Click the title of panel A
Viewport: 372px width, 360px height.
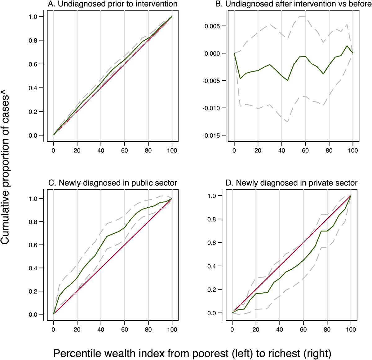point(113,4)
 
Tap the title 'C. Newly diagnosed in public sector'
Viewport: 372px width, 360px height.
point(113,183)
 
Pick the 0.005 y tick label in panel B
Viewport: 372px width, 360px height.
point(214,26)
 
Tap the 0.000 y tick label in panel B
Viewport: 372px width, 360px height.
point(214,53)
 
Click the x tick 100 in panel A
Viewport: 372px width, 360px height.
point(172,151)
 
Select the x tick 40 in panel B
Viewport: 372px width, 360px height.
point(281,151)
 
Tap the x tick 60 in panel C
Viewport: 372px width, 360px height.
point(124,329)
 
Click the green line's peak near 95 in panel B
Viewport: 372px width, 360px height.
point(347,46)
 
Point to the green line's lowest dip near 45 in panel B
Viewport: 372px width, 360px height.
point(288,80)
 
